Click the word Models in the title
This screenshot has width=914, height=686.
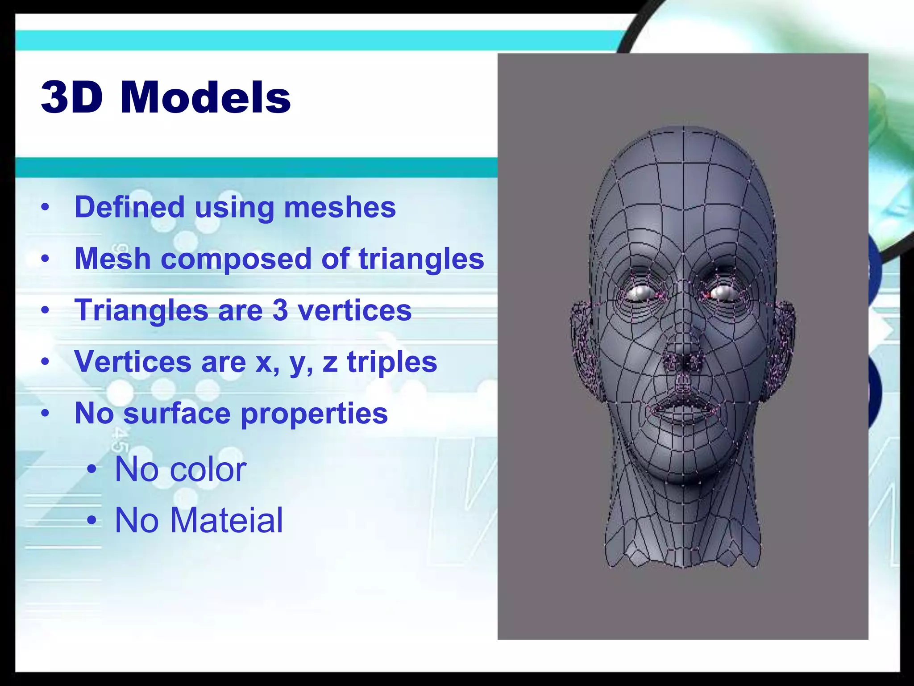pos(205,98)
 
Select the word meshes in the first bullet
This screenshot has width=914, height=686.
pos(340,208)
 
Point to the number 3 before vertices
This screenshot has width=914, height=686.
pos(280,310)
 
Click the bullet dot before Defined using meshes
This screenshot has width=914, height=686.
pos(45,208)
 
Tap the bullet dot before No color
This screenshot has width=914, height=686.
pos(92,469)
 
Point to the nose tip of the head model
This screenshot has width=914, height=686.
pos(682,353)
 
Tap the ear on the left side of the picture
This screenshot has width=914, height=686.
pos(583,339)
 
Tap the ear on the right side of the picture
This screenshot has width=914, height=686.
pos(784,339)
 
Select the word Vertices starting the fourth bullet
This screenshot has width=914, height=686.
pos(133,362)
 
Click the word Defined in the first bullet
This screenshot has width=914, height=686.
pos(129,208)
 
